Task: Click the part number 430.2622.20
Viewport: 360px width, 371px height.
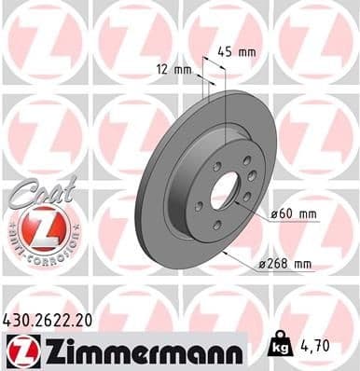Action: [x=55, y=320]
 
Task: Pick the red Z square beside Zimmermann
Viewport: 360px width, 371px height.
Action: [x=20, y=350]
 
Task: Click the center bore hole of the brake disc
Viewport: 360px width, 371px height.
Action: [x=226, y=190]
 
